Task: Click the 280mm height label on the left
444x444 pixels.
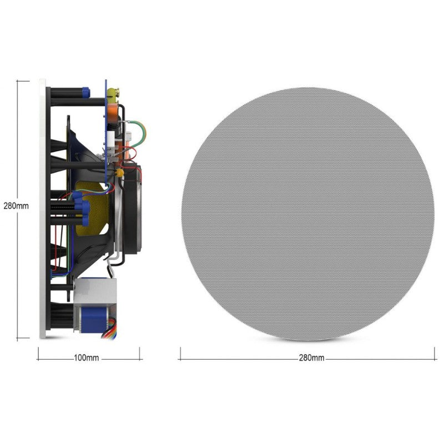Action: click(16, 205)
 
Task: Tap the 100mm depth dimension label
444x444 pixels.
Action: click(87, 358)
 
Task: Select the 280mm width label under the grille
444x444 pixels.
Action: click(311, 358)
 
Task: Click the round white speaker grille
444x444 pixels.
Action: click(307, 214)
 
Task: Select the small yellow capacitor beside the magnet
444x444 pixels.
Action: click(119, 173)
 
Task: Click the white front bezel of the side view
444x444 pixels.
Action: click(42, 208)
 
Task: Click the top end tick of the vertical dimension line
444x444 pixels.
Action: click(23, 80)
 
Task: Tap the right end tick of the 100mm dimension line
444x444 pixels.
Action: click(140, 354)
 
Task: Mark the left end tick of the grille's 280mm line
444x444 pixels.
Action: click(180, 354)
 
